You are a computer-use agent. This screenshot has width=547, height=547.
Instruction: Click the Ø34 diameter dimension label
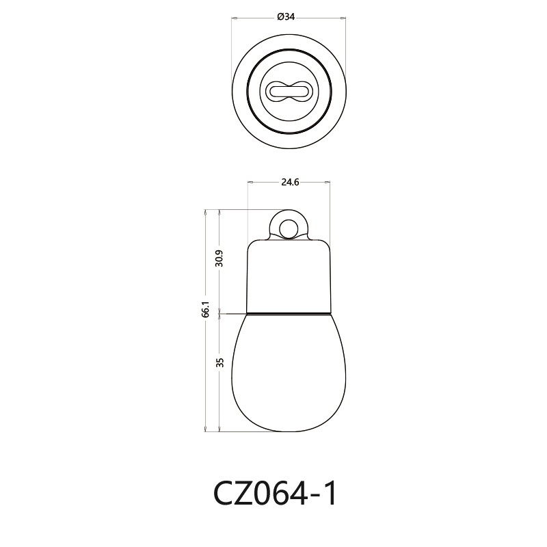click(x=286, y=18)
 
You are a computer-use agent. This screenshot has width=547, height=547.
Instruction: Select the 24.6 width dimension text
click(x=290, y=183)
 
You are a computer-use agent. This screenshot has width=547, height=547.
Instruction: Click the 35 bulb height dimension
click(x=219, y=362)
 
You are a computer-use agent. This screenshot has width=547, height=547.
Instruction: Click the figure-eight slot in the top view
click(x=286, y=90)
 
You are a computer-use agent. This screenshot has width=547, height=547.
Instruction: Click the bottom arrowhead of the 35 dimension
click(x=219, y=429)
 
